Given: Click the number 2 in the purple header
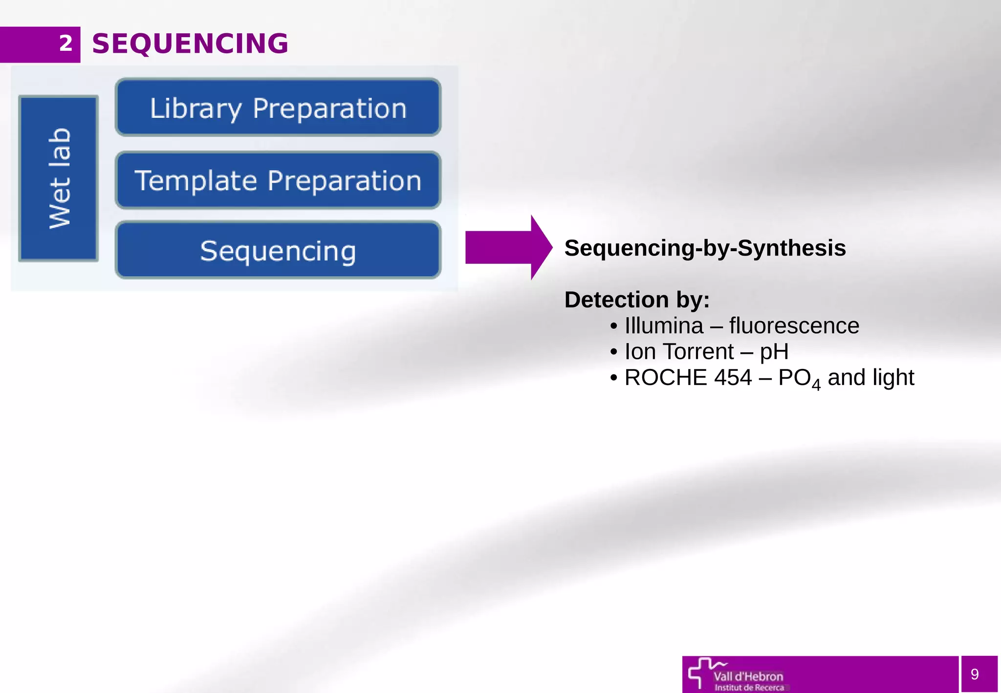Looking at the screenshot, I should (66, 43).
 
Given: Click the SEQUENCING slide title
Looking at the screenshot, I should (190, 43).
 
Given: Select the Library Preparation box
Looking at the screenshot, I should (278, 108).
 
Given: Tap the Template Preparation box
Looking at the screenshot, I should (278, 180).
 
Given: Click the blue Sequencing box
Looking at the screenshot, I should (278, 251).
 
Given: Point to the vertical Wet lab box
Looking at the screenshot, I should (59, 178).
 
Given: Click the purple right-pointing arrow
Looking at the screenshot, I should (508, 247).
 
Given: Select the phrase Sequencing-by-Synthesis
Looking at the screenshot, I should (705, 248).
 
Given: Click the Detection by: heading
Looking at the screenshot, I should (637, 300).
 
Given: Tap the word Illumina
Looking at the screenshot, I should (664, 326).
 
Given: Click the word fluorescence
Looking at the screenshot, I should (794, 326).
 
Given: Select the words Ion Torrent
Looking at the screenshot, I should (679, 352).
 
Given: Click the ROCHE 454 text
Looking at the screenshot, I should (688, 378).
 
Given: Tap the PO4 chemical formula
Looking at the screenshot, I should (799, 379).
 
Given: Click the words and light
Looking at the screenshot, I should (870, 378).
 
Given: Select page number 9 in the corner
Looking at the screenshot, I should (975, 674).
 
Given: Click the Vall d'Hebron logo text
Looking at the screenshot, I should (748, 677).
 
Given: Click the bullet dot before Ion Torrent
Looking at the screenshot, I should (614, 352).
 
